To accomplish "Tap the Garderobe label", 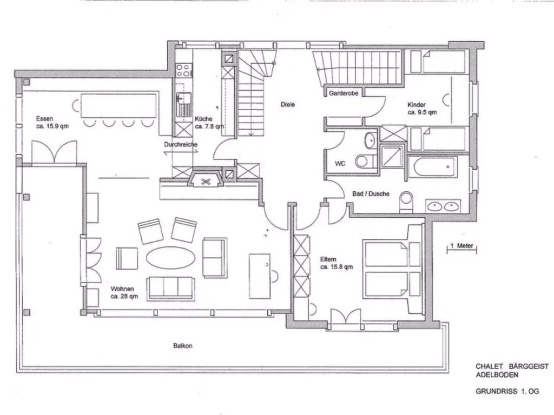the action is (x=344, y=93).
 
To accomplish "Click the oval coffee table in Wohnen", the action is (x=170, y=258).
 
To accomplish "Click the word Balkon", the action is (x=183, y=345).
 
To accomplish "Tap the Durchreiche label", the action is (x=181, y=144).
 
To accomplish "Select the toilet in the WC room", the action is (x=365, y=162).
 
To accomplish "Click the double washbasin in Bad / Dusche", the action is (x=443, y=206).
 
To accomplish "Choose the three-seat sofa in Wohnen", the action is (x=170, y=289).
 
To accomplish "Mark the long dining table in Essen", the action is (x=118, y=105).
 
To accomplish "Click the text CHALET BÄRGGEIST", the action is (x=512, y=367).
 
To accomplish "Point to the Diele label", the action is (x=288, y=104).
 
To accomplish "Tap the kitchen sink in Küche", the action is (x=184, y=104).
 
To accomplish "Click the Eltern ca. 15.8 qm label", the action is (x=337, y=263).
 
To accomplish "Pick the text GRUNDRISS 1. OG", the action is (x=507, y=391).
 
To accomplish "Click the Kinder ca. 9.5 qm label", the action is (x=422, y=108).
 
